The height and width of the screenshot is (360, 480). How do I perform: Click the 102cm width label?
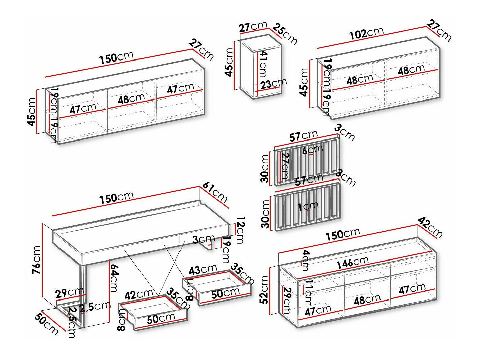pos(366,33)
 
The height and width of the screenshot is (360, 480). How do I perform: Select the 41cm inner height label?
pos(263,64)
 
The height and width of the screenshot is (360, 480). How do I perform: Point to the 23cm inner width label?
pos(274,83)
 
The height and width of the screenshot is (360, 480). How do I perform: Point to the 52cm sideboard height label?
pos(264,289)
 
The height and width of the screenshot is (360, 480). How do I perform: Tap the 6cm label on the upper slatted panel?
pos(312,150)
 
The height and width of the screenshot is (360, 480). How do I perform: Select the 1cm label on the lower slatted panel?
pos(308,206)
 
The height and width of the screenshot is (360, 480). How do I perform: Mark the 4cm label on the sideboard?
pos(305,260)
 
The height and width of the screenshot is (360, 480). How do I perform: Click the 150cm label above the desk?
pos(116,198)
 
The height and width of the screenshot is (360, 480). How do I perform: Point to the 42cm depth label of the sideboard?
pos(431,227)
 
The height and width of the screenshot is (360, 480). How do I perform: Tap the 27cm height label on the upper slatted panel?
pos(285,166)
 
